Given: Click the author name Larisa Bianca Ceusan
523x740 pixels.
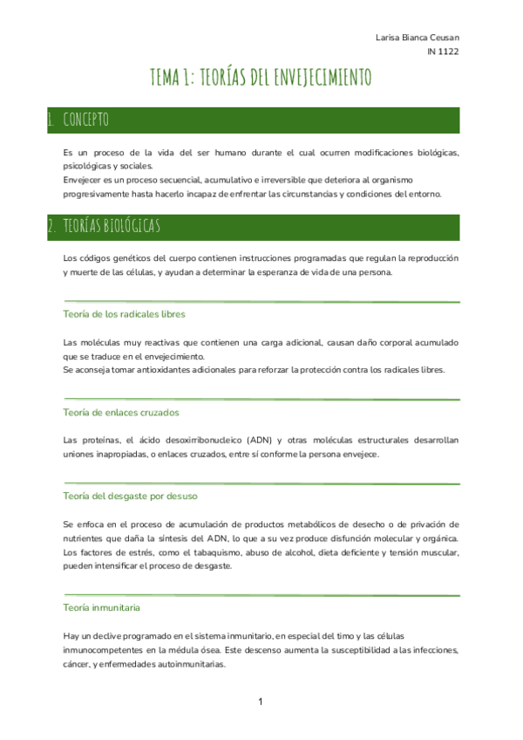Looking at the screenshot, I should click(417, 38).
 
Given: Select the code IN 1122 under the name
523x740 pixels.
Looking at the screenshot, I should click(443, 51).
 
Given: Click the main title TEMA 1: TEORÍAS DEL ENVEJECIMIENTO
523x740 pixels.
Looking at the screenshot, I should click(261, 78).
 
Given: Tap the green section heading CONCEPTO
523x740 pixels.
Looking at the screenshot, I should click(85, 120).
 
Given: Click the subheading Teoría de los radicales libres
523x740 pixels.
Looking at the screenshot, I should click(124, 314).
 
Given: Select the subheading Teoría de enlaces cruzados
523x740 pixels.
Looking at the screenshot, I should click(121, 412).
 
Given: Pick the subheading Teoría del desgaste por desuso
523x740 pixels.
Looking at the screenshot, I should click(131, 497).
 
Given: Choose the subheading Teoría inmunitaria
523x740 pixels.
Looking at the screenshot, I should click(102, 606).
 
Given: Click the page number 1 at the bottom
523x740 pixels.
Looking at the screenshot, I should click(261, 702).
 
